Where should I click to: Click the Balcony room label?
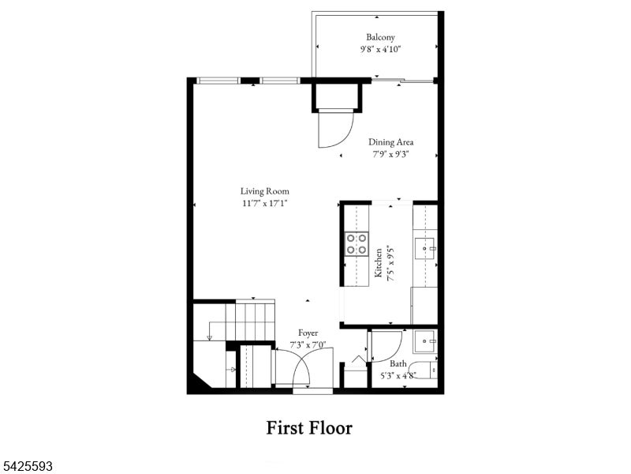(380, 37)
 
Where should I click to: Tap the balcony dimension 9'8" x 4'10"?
(381, 50)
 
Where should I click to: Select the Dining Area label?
(390, 142)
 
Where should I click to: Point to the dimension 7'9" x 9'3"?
(390, 154)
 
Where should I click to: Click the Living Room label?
(265, 191)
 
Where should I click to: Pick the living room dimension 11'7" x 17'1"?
(265, 203)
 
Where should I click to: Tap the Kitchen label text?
(379, 262)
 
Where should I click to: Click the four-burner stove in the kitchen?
(357, 244)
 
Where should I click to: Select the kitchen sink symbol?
(425, 248)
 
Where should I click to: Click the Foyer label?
(308, 333)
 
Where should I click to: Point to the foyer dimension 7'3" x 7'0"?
(308, 344)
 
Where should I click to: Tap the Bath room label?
(398, 363)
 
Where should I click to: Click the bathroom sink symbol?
(425, 341)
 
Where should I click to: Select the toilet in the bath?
(428, 371)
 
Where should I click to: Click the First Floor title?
(309, 427)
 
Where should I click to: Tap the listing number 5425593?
(26, 466)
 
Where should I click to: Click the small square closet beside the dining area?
(338, 96)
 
